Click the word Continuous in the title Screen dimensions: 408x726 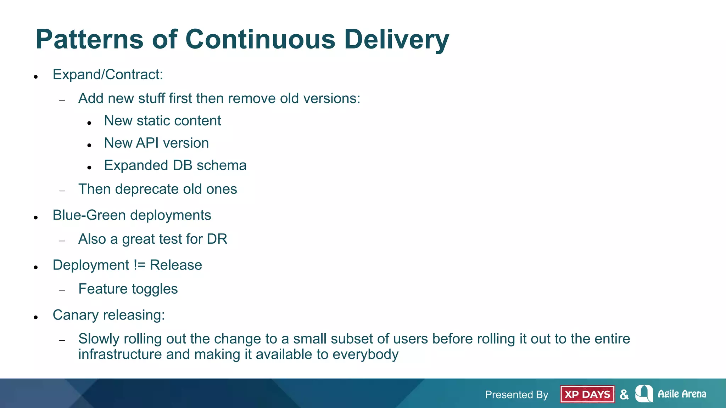pyautogui.click(x=260, y=39)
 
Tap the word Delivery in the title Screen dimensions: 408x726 pyautogui.click(x=396, y=40)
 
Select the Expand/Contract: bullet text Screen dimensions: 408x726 pyautogui.click(x=108, y=75)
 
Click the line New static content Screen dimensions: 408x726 pyautogui.click(x=162, y=121)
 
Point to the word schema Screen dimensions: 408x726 pyautogui.click(x=221, y=165)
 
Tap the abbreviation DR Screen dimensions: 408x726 pyautogui.click(x=217, y=239)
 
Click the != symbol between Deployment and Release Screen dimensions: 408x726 pyautogui.click(x=139, y=265)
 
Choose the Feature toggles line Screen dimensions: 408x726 pyautogui.click(x=128, y=289)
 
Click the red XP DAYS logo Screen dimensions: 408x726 pyautogui.click(x=587, y=394)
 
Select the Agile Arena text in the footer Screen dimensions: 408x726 pyautogui.click(x=682, y=394)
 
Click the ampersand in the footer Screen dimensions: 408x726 pyautogui.click(x=624, y=395)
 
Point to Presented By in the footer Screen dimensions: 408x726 pyautogui.click(x=516, y=395)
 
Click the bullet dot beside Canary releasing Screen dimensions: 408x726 pyautogui.click(x=36, y=317)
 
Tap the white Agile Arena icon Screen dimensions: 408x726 pyautogui.click(x=644, y=393)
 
